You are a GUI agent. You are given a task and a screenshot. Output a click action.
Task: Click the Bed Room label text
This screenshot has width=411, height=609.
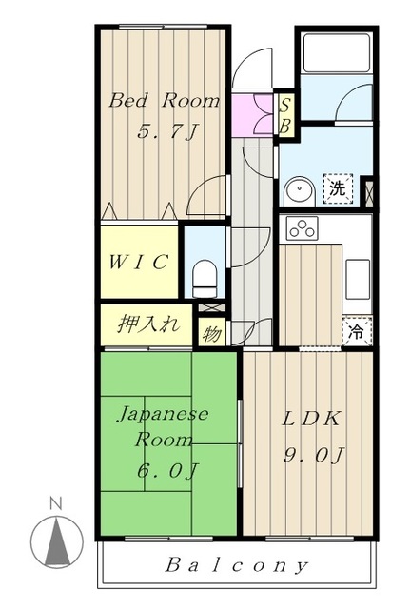pos(165,101)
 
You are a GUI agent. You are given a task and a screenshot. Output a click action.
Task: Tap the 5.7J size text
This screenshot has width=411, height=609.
pos(168,131)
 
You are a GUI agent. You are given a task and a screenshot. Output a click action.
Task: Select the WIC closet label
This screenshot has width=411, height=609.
pos(138,262)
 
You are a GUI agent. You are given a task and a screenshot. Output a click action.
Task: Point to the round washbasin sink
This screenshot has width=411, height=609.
pos(299,191)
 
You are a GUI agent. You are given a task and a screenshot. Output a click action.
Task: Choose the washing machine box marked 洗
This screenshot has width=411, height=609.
pos(338,188)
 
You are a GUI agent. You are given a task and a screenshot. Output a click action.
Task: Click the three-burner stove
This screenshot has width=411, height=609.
pos(303,228)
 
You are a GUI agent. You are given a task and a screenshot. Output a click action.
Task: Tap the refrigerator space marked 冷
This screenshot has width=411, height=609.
pos(357,331)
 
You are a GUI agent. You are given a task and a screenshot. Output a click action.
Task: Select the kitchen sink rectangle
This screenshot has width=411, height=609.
pos(358,279)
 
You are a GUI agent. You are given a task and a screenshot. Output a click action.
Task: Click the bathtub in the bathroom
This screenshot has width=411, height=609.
pos(337,53)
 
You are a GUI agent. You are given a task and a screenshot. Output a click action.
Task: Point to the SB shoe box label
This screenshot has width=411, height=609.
pos(285,116)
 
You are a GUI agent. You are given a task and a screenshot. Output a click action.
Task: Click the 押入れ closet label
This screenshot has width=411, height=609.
pos(148,324)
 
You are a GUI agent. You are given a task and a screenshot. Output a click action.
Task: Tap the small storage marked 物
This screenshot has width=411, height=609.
pos(212,334)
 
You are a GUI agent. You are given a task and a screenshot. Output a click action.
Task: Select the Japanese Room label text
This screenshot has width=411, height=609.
pos(163,426)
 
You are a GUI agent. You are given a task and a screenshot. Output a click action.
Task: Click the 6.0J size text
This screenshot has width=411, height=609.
pos(167,470)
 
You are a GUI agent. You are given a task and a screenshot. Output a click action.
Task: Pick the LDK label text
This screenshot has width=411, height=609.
pos(311,419)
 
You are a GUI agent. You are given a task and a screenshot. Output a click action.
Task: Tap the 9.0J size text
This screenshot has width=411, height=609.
pos(314,455)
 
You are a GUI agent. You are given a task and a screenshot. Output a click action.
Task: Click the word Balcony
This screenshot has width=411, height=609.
pos(237,565)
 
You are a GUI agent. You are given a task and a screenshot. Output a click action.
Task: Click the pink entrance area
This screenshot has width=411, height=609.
pos(253,115)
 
